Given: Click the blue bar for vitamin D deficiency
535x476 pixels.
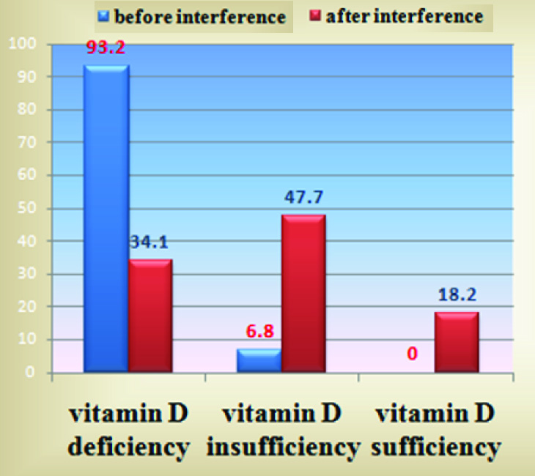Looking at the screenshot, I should tap(106, 220).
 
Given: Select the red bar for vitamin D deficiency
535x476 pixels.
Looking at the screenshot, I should tap(151, 316).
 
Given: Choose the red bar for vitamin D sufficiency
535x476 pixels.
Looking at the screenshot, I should tap(457, 343).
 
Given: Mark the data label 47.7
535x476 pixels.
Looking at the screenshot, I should tap(304, 198).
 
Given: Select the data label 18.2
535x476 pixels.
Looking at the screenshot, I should tap(457, 295).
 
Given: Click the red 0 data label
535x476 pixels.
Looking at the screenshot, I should tap(413, 354).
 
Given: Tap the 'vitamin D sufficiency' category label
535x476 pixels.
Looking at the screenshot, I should tap(438, 430).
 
